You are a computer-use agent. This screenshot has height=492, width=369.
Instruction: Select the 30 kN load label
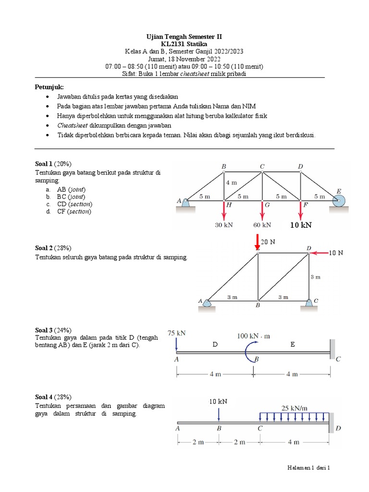224,224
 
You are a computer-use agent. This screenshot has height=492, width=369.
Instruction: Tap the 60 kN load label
262,224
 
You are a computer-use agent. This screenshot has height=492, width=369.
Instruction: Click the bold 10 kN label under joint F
301,224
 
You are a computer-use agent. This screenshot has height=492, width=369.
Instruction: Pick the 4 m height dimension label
232,183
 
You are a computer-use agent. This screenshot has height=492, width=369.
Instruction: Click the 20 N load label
268,242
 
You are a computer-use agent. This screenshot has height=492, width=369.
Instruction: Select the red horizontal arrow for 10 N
319,252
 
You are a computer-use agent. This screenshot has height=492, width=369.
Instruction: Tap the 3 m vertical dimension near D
315,277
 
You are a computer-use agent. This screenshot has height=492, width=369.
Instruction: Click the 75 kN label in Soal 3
177,332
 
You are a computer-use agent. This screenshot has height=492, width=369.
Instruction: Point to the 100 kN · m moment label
253,336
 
